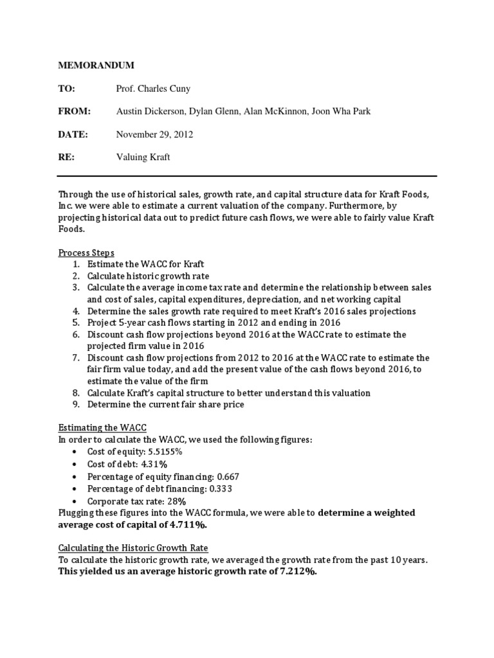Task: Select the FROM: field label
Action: click(75, 111)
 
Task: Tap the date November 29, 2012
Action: click(154, 134)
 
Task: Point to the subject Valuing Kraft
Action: click(143, 157)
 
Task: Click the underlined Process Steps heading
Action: click(86, 253)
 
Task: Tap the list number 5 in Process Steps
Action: click(76, 323)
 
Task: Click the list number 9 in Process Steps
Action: click(76, 404)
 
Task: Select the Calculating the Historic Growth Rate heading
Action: click(124, 548)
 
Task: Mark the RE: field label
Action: click(67, 157)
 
